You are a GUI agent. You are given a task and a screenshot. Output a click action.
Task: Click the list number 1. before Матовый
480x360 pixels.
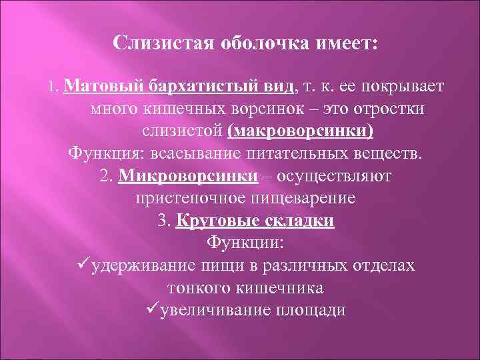(55, 88)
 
